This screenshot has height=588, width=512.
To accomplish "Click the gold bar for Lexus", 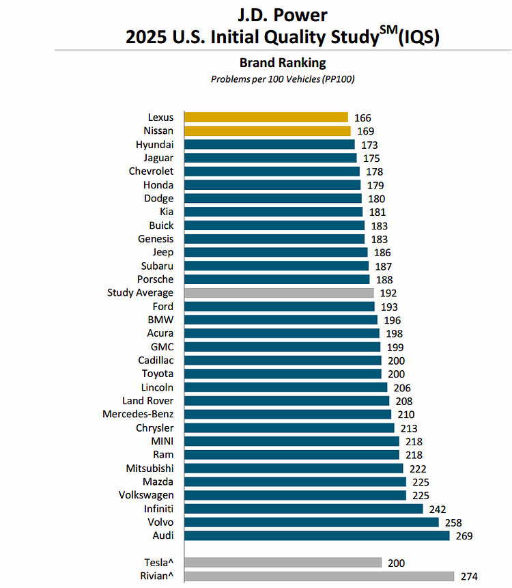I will tap(266, 117).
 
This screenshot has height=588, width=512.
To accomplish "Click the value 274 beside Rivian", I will tap(469, 576).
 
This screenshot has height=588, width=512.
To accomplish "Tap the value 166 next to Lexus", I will tap(362, 118).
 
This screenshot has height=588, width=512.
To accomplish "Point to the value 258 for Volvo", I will tap(453, 522).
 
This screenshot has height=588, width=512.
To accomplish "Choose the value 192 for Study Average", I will tap(388, 293).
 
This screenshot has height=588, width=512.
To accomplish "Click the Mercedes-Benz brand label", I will tap(138, 414).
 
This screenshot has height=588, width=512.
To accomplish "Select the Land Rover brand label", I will tap(148, 401).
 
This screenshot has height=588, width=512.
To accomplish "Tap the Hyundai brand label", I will tap(154, 145).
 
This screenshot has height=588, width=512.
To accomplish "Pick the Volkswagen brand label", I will tap(146, 495).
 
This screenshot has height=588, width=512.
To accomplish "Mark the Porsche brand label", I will tap(156, 279).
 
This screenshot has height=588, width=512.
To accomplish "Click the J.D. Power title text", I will tap(283, 14).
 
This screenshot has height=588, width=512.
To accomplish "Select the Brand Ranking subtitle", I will tap(283, 63).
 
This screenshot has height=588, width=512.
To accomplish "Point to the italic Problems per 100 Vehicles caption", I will tap(283, 79).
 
